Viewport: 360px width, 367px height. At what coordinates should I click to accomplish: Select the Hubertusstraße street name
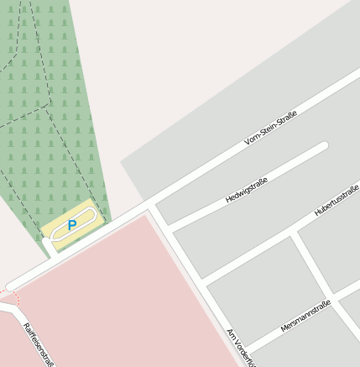click(x=337, y=199)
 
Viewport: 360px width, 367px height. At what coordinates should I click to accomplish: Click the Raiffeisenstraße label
click(x=39, y=344)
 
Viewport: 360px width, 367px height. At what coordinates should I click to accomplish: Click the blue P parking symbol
click(x=72, y=225)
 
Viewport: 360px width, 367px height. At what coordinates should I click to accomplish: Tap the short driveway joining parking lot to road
click(x=53, y=245)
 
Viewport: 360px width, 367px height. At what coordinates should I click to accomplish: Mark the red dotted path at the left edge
click(x=15, y=298)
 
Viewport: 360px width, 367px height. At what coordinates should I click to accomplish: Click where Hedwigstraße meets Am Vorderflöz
click(x=170, y=229)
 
